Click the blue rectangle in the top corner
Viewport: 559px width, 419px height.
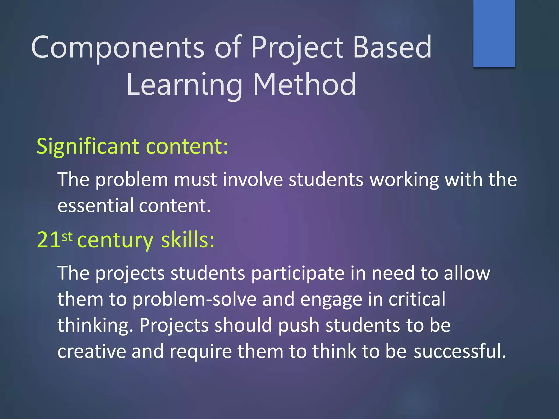coord(494,33)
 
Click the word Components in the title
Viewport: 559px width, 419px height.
coord(117,48)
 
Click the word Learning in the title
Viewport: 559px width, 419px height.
coord(185,85)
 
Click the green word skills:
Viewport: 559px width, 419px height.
coord(188,240)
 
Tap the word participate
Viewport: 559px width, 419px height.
coord(298,273)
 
